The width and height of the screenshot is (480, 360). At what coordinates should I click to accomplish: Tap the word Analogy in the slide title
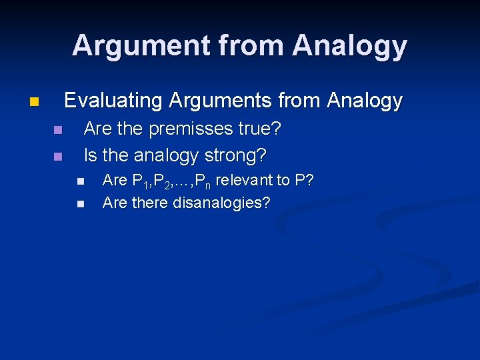click(x=349, y=46)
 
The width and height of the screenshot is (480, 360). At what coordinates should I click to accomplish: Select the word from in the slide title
click(x=259, y=46)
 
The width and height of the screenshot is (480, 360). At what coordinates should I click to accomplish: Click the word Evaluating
click(x=113, y=101)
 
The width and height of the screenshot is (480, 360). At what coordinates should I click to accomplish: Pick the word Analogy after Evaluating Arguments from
click(x=365, y=101)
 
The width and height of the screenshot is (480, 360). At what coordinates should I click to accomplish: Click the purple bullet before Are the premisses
click(x=57, y=130)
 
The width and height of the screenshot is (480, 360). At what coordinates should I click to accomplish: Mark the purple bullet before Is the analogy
click(x=57, y=157)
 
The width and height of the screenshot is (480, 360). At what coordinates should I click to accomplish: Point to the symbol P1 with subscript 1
click(x=139, y=181)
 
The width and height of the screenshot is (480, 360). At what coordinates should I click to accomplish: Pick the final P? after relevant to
click(x=305, y=181)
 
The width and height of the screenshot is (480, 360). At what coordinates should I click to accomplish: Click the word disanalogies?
click(x=221, y=203)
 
